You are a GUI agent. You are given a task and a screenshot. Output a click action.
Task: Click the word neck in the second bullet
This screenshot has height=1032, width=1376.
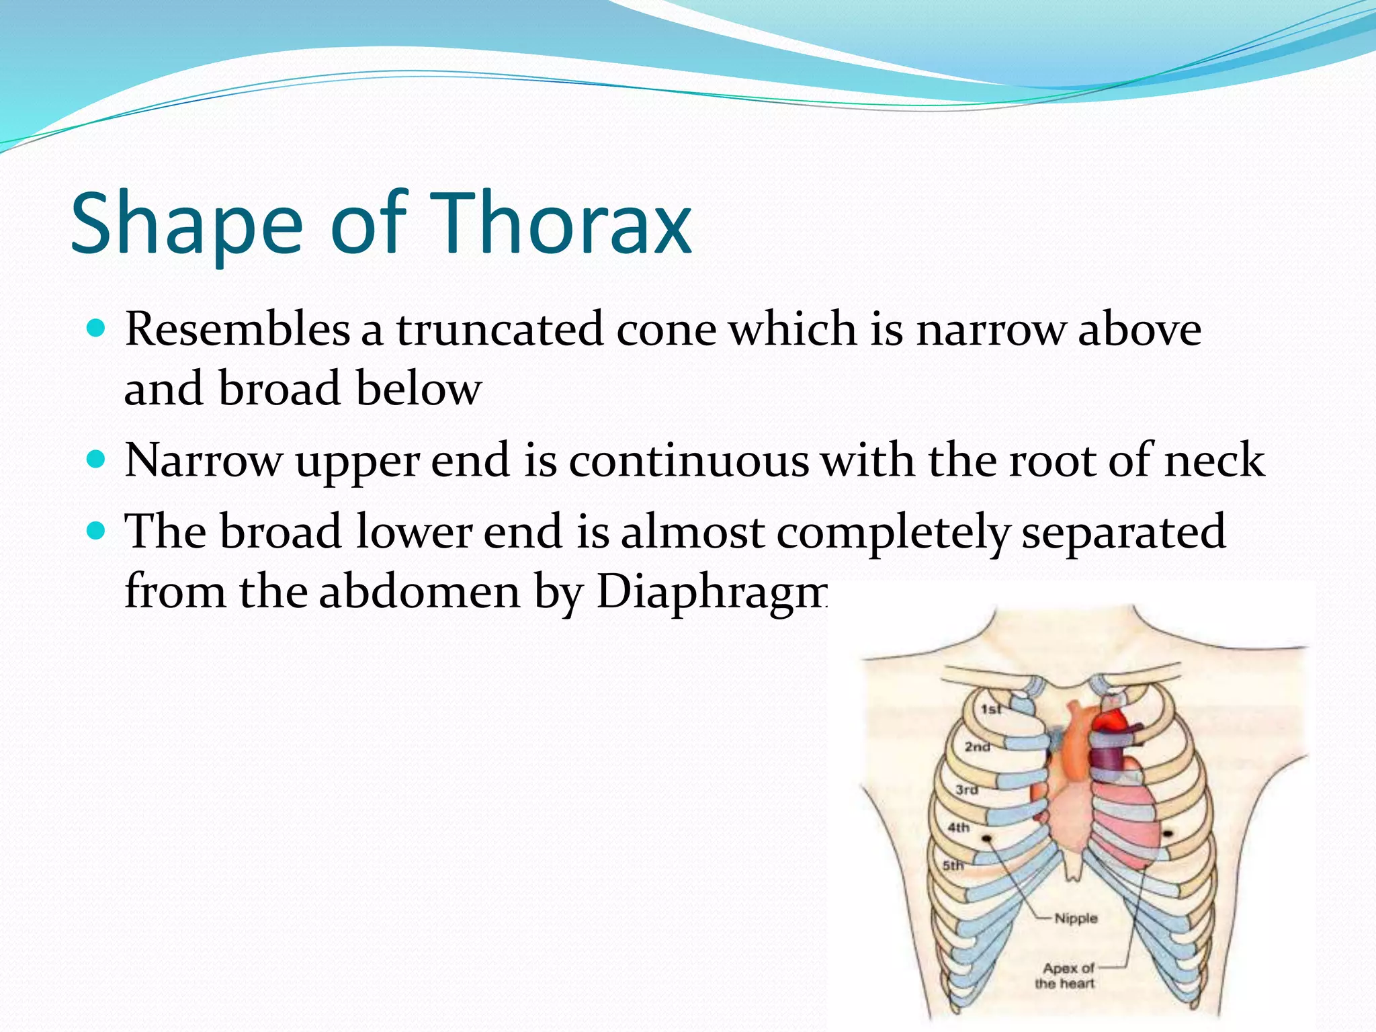tap(1214, 461)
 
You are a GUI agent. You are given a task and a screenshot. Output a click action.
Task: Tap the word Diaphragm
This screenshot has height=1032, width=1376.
tap(712, 593)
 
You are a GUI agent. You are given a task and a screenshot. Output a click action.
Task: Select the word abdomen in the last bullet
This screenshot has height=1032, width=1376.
tap(420, 593)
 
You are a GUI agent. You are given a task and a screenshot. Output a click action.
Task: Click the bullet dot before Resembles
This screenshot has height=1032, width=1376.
tap(97, 329)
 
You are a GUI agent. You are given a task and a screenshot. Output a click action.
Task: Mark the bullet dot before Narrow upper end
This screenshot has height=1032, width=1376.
tap(97, 460)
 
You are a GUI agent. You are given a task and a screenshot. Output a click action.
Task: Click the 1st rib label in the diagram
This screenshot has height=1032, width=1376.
tap(990, 709)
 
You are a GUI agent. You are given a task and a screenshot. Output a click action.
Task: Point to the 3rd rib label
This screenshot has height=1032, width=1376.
tap(967, 789)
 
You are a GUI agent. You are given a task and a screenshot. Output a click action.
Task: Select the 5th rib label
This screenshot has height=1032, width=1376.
tap(953, 865)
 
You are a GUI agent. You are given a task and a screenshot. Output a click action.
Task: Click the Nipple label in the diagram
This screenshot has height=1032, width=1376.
tap(1075, 918)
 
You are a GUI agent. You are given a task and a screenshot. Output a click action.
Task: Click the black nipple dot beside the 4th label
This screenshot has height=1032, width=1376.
tap(988, 838)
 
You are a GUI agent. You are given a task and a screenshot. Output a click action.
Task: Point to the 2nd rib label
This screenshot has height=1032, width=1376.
tap(978, 746)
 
